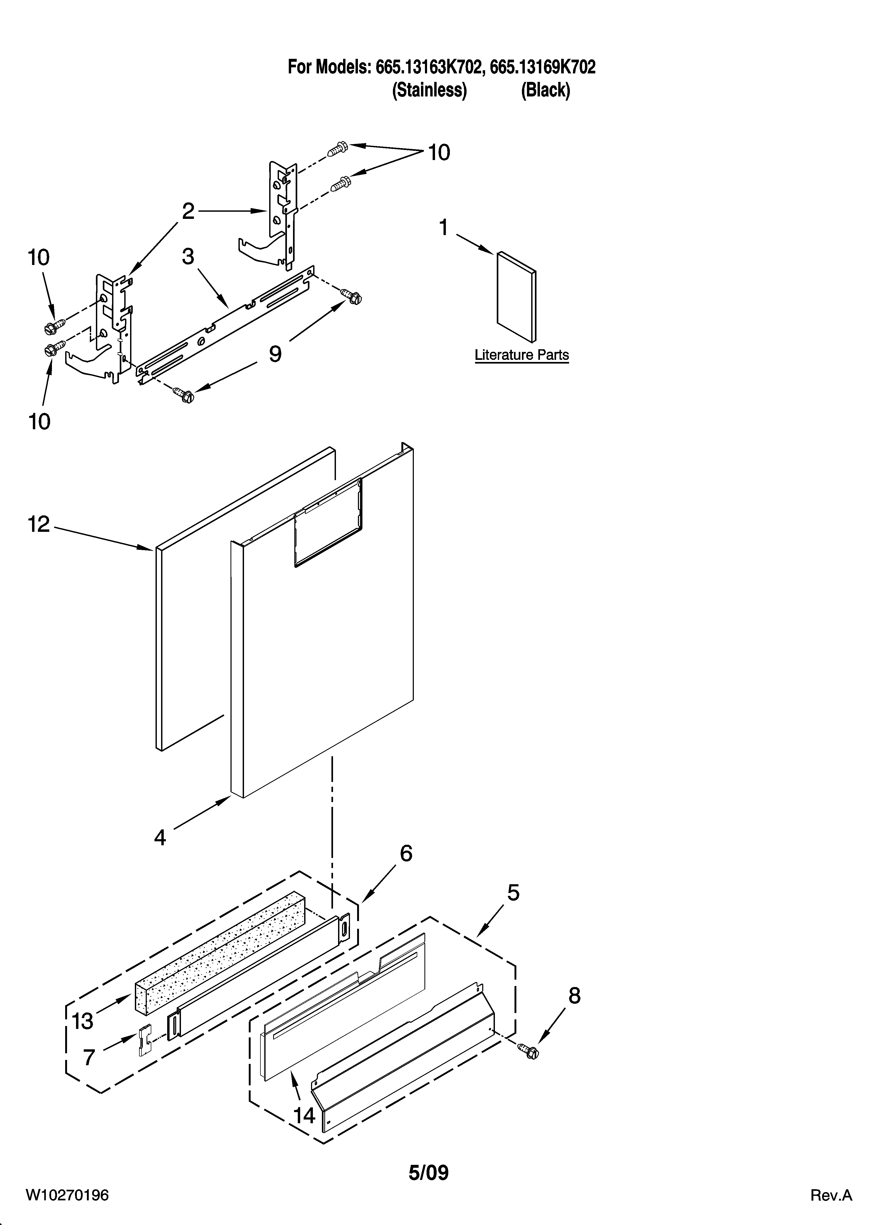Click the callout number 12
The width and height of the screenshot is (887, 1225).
[x=39, y=524]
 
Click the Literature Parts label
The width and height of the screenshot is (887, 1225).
[x=521, y=355]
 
